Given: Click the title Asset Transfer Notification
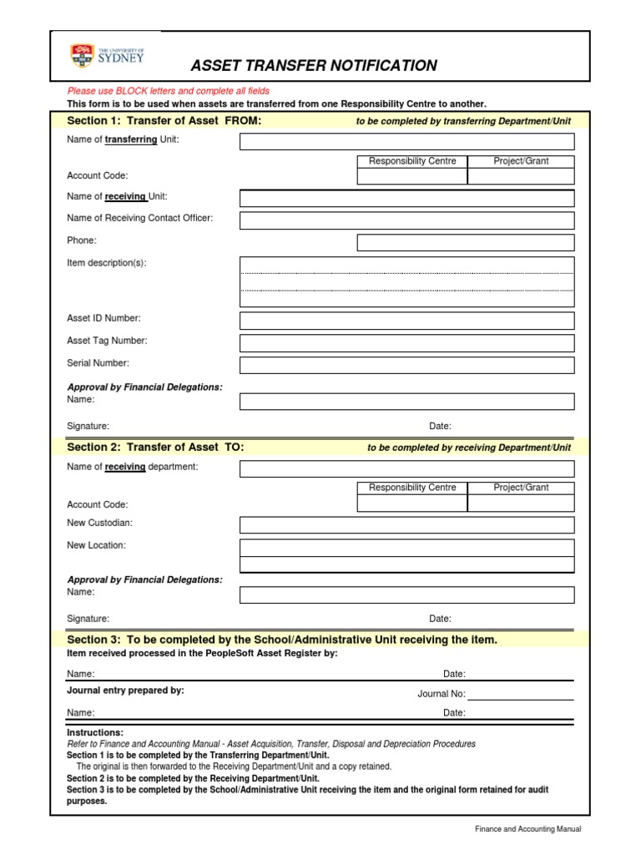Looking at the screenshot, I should coord(314,66).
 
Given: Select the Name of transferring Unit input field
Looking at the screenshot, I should coord(406,141).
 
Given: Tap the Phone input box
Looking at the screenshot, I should coord(465,242).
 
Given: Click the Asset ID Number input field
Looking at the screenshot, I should coord(406,321).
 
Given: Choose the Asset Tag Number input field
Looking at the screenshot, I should coord(406,343).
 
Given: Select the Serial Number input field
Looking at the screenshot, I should coord(406,366).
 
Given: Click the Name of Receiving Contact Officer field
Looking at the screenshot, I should coord(406,220).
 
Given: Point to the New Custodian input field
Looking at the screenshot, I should coord(406,524).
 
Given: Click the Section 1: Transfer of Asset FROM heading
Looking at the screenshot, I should coord(164,121).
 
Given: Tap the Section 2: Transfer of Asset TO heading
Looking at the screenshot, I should coord(155,448).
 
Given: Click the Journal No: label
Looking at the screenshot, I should coord(441,694).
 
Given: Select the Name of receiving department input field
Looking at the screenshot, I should coord(406,468).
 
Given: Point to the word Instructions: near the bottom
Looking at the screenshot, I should coord(95,732).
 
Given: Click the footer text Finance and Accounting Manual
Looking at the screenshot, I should coord(527,829).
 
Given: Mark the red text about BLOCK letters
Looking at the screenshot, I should coord(169,90).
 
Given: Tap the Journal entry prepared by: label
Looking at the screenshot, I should coord(125,691).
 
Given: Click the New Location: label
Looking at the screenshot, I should coord(96,545).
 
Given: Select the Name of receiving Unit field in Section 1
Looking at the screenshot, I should coord(406,198).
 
